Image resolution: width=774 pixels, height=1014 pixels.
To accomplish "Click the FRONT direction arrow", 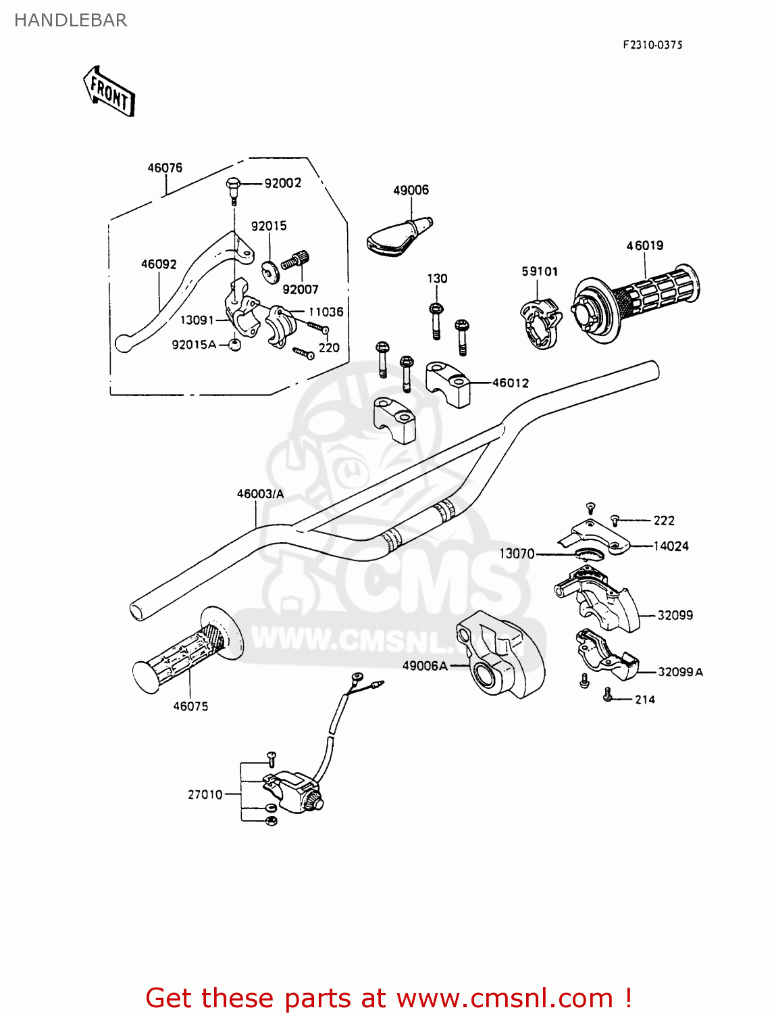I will pos(109,91).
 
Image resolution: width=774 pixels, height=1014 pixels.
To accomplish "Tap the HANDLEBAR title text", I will pos(70,20).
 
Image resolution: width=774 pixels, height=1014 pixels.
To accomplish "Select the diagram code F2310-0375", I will pos(652,45).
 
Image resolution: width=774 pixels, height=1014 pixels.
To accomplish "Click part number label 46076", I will pos(165,168).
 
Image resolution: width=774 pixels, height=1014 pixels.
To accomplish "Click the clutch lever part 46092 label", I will pos(159,264).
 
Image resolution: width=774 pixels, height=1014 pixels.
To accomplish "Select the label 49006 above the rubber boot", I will pos(411,190).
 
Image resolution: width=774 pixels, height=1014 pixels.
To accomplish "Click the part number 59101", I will pos(540,271).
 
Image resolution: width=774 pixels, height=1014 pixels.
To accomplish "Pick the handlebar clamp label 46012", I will pos(511,383).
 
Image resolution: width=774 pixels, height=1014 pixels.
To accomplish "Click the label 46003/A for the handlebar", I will pos(260,494).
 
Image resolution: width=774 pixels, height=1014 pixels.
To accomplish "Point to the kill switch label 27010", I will pos(205,794).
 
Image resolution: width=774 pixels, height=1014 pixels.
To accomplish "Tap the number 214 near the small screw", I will pos(645,700).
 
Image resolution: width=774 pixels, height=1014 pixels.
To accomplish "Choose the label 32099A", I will pos(680,672).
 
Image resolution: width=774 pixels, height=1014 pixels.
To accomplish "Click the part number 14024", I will pos(671,546).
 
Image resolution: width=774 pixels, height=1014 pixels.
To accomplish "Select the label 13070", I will pos(517,554).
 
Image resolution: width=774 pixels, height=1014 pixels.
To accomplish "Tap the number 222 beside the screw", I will pos(664,521).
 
